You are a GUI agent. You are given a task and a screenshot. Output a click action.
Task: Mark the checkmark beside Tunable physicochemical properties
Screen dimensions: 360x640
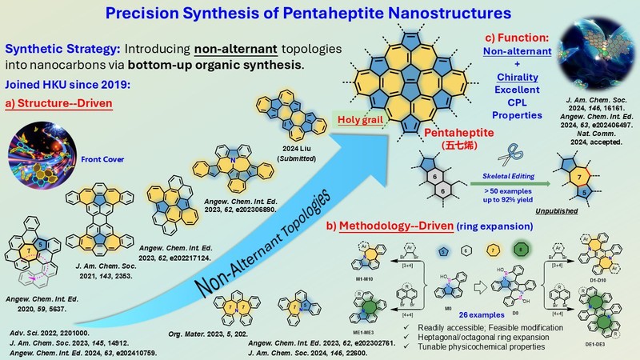click(x=378, y=343)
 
